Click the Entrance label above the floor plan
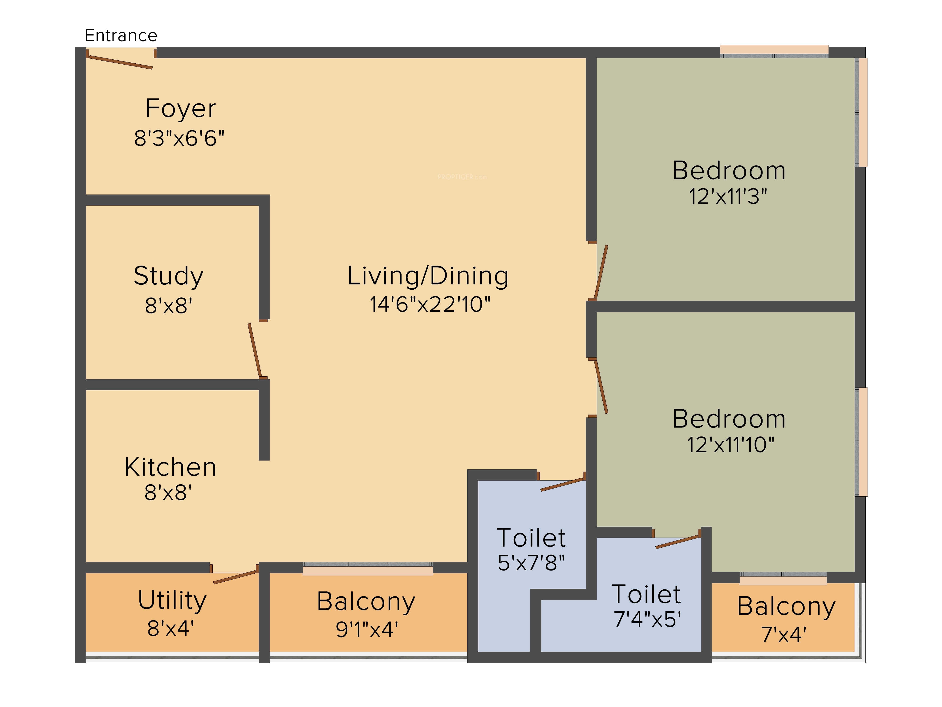(x=121, y=35)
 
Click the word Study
(x=169, y=276)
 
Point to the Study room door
(x=255, y=350)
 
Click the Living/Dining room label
(x=428, y=276)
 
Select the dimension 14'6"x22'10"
(x=430, y=304)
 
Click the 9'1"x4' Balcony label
(x=366, y=602)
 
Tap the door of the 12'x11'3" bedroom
(x=601, y=271)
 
